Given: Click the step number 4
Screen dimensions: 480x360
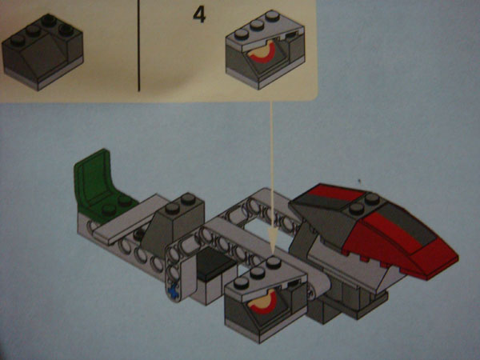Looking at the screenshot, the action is (x=199, y=15).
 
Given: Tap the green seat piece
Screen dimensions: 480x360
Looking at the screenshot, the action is (x=101, y=186).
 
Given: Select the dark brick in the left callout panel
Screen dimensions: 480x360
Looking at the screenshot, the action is (x=42, y=52).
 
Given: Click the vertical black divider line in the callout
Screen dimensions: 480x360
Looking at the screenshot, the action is (x=138, y=46).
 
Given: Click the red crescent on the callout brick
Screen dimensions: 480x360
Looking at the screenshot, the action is (x=262, y=54).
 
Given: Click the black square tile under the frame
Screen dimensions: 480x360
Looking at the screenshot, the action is (x=214, y=263).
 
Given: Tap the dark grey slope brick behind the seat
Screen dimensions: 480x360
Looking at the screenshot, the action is (x=173, y=225).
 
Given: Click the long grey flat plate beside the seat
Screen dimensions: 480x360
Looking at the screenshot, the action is (x=129, y=219).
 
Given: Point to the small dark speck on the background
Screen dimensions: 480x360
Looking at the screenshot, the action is (x=359, y=182).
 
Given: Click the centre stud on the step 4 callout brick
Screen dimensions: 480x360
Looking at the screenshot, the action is (x=257, y=26).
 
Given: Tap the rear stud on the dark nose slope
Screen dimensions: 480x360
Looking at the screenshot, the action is (x=372, y=198).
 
